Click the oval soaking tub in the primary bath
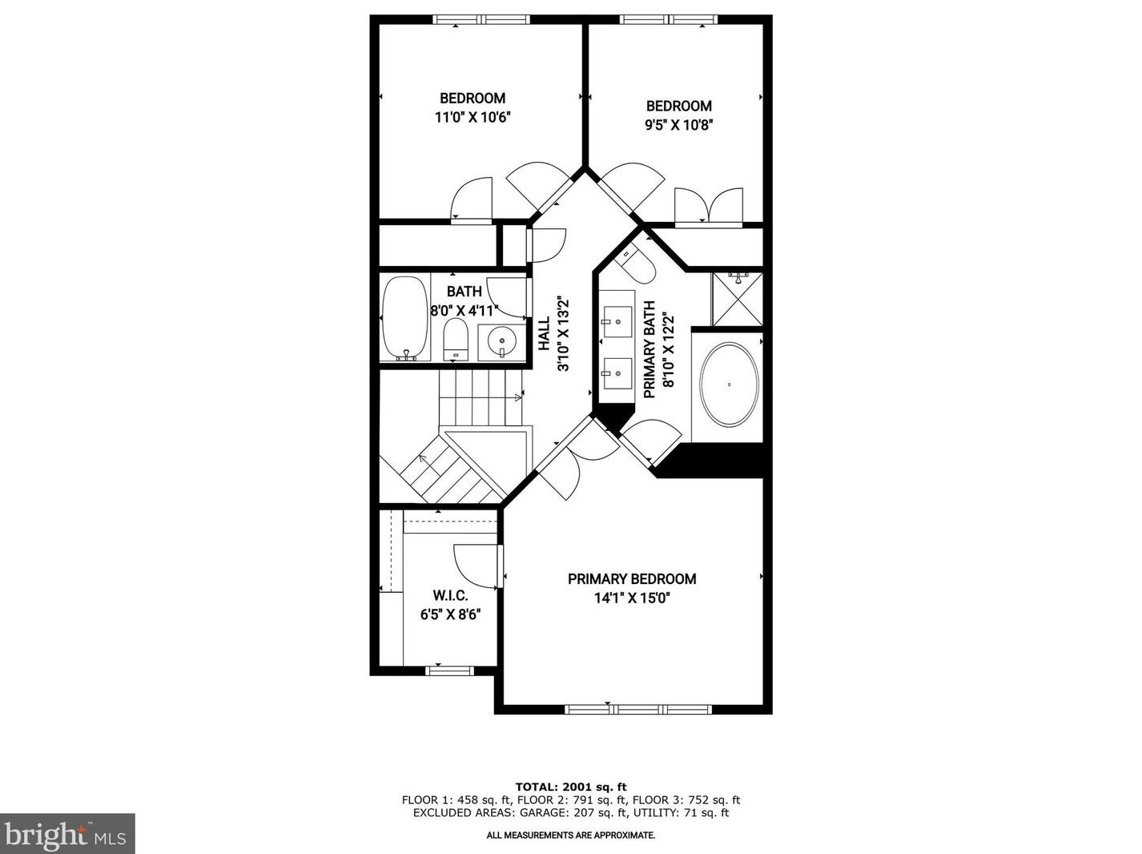coord(729,385)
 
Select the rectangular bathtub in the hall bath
coord(404,318)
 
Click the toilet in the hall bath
coord(455,340)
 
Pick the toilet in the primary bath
coord(638,264)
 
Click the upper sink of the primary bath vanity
coord(617,322)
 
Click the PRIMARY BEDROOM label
coord(632,578)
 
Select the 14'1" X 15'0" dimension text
coord(632,598)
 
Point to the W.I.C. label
coord(450,596)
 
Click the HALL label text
coord(545,333)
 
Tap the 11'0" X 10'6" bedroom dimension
coord(472,117)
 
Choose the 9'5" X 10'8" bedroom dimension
coord(679,124)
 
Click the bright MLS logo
coord(67,834)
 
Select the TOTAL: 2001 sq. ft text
coord(570,787)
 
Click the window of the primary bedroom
coord(638,708)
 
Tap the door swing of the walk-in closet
coord(474,566)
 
